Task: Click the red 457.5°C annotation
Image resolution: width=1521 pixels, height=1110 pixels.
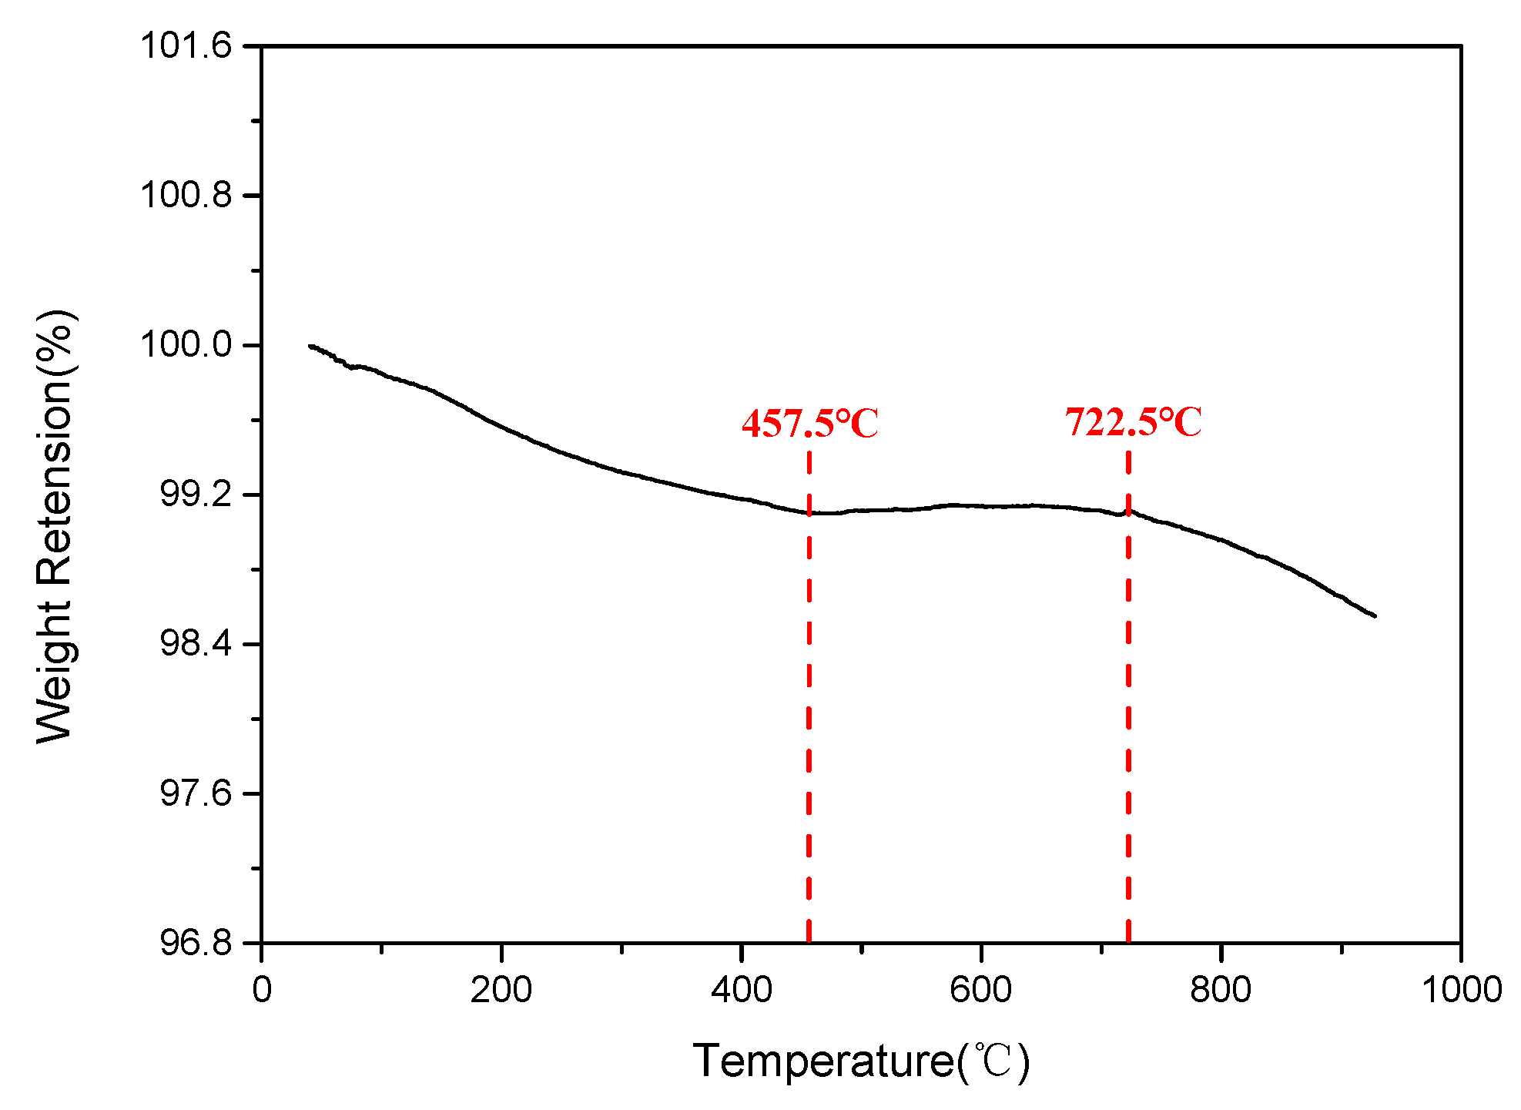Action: point(809,423)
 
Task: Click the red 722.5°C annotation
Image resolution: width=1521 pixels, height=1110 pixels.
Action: point(1133,422)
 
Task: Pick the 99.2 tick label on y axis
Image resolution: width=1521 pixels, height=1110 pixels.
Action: point(195,494)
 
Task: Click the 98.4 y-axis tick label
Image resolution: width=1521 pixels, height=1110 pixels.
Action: point(195,643)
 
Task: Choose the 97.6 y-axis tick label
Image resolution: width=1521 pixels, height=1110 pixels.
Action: point(195,793)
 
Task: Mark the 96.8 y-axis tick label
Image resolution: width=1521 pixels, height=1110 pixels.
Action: point(195,942)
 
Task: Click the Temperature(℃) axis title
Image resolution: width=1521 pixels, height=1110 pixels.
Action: point(861,1061)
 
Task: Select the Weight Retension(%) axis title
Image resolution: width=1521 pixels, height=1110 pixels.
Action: point(55,526)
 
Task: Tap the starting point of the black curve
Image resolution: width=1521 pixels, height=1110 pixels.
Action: point(310,346)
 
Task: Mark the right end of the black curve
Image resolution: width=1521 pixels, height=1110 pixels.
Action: point(1375,616)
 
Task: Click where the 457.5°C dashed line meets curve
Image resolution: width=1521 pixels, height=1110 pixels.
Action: point(809,512)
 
